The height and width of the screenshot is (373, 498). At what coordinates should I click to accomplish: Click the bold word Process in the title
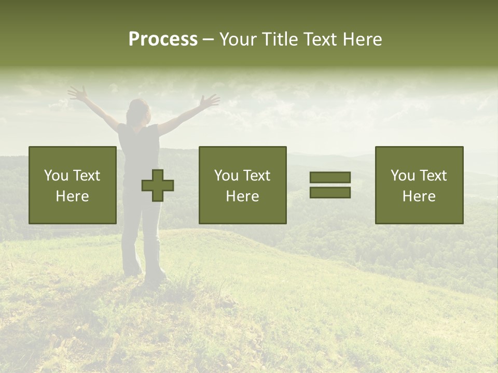point(163,39)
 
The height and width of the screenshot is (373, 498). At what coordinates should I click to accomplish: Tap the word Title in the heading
point(279,39)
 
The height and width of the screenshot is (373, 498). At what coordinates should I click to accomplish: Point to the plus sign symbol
point(158,185)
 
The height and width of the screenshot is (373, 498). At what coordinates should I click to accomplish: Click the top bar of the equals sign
point(330,177)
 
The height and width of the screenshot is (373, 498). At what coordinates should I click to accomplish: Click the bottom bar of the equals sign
point(330,193)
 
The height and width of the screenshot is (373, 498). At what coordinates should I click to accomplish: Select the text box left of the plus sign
point(73,185)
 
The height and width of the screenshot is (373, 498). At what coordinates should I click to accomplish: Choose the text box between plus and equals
point(243,185)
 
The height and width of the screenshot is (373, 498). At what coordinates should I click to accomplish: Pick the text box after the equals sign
point(419,185)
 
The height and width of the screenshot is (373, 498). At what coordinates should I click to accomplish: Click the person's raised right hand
point(210,101)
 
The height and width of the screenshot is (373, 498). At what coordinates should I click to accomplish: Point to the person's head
point(138,110)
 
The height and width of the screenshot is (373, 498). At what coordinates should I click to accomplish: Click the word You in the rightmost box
point(403,176)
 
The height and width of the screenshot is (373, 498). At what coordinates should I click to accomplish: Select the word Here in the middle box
point(243,196)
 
